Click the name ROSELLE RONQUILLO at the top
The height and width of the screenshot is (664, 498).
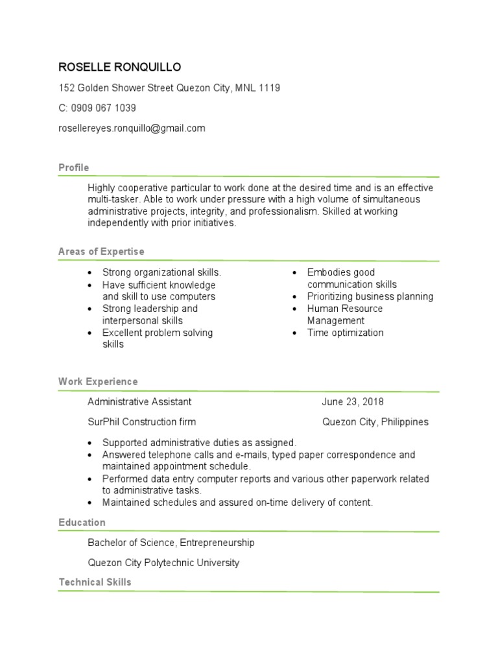tap(120, 67)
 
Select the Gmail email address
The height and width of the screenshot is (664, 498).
tap(132, 128)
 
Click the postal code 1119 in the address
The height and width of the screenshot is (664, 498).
tap(269, 88)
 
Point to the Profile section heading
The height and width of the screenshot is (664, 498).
tap(74, 168)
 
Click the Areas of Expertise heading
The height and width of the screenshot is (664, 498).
tap(101, 252)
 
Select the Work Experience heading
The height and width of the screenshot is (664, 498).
tap(98, 382)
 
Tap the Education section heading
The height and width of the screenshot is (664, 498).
tap(82, 523)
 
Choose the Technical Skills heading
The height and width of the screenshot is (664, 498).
tap(95, 582)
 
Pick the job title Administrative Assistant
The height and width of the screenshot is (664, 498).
tap(139, 402)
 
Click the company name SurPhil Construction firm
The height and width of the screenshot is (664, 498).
tap(141, 422)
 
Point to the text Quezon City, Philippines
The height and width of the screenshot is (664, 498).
tap(375, 422)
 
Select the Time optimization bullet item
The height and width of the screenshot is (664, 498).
tap(345, 333)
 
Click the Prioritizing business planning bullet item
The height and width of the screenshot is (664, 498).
tap(370, 296)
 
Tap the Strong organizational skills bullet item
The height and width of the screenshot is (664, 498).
tap(161, 272)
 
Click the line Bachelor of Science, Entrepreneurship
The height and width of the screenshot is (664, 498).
tap(171, 543)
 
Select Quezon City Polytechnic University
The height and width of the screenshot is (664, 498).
tap(163, 563)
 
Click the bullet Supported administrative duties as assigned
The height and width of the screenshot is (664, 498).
tap(199, 443)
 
